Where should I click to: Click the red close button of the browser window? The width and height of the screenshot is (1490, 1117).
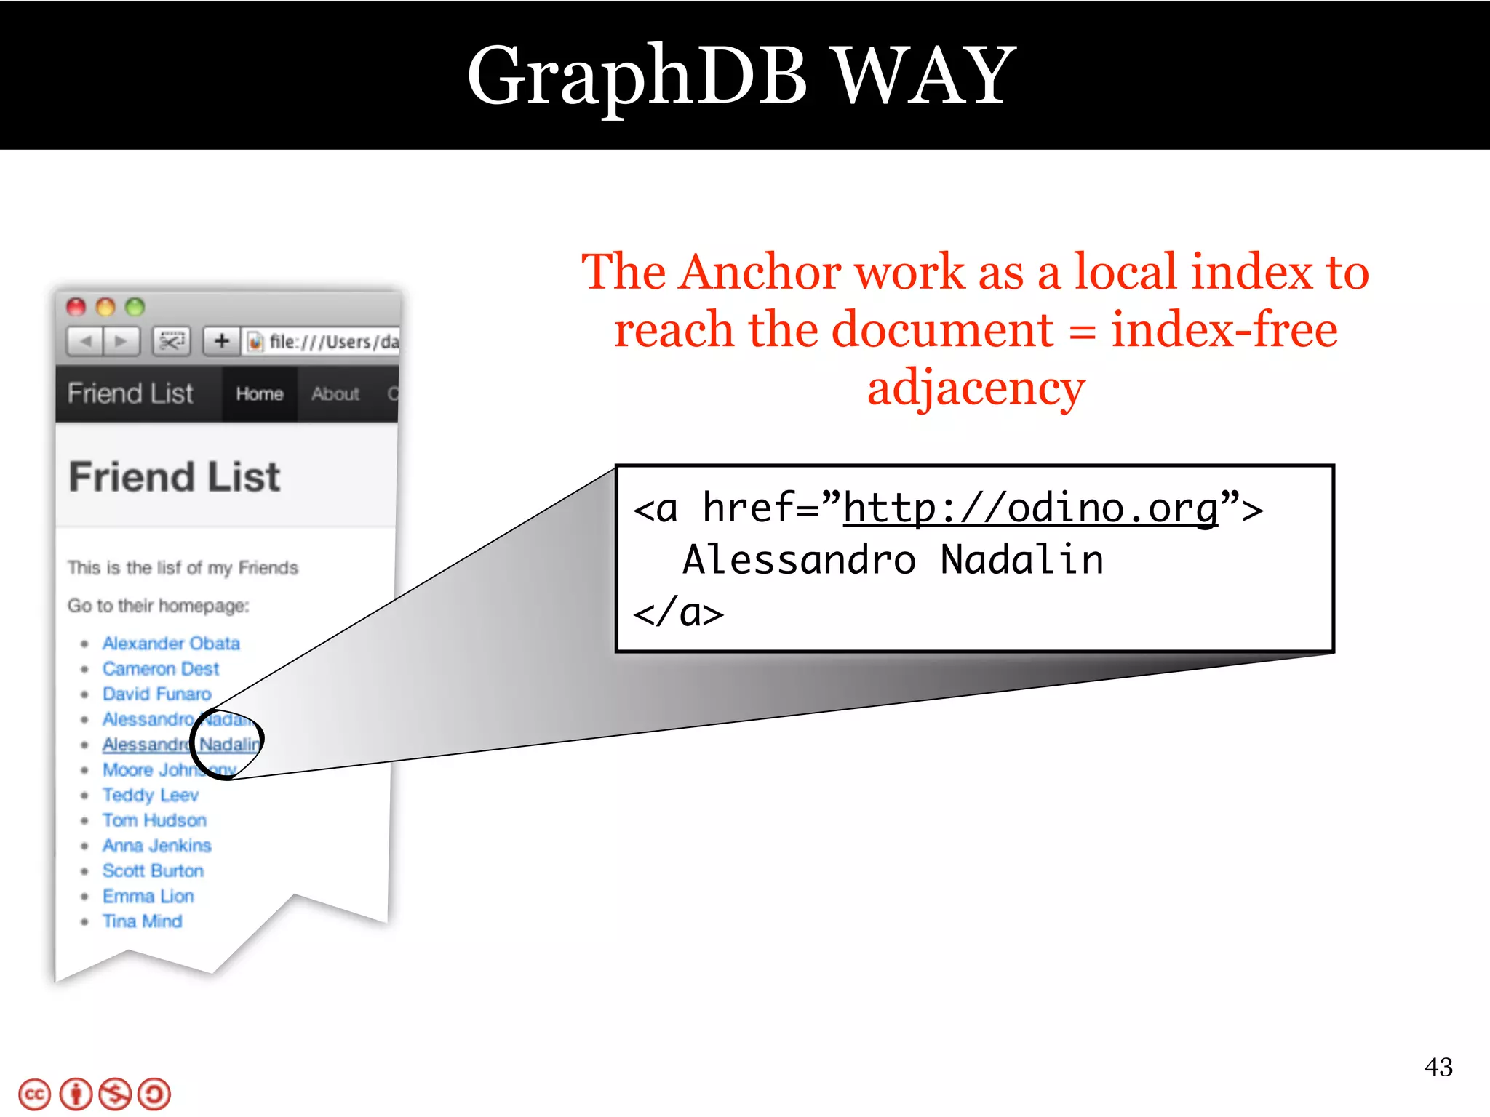click(x=76, y=307)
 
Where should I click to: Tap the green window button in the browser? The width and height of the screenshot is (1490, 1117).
click(x=135, y=307)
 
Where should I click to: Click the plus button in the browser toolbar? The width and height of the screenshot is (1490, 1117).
click(x=222, y=340)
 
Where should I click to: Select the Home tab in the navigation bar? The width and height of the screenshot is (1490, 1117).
click(x=260, y=394)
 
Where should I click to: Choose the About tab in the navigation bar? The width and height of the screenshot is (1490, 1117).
click(x=335, y=394)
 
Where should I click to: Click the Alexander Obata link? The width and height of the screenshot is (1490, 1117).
click(x=171, y=644)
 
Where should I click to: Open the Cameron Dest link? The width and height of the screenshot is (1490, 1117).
click(x=161, y=669)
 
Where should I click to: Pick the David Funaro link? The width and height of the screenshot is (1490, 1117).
click(x=157, y=694)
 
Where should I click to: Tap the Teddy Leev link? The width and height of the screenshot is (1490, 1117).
click(x=151, y=796)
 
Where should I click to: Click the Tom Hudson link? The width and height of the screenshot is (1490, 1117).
click(x=154, y=821)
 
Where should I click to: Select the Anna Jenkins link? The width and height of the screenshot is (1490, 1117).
click(x=157, y=846)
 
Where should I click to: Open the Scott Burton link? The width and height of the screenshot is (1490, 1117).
click(x=153, y=871)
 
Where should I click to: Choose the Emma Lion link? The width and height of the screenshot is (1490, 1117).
click(x=148, y=897)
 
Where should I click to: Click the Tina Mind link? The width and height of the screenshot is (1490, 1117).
click(x=143, y=922)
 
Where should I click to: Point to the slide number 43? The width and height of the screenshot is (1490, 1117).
click(x=1438, y=1068)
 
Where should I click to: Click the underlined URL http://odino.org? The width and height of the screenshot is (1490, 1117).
click(x=1030, y=508)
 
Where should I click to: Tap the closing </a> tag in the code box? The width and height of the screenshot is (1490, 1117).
click(x=678, y=613)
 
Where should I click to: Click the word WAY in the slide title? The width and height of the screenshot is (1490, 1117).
click(x=924, y=76)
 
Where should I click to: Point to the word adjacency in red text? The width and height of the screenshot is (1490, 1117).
click(x=976, y=388)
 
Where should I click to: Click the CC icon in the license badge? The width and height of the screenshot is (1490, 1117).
click(x=34, y=1094)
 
